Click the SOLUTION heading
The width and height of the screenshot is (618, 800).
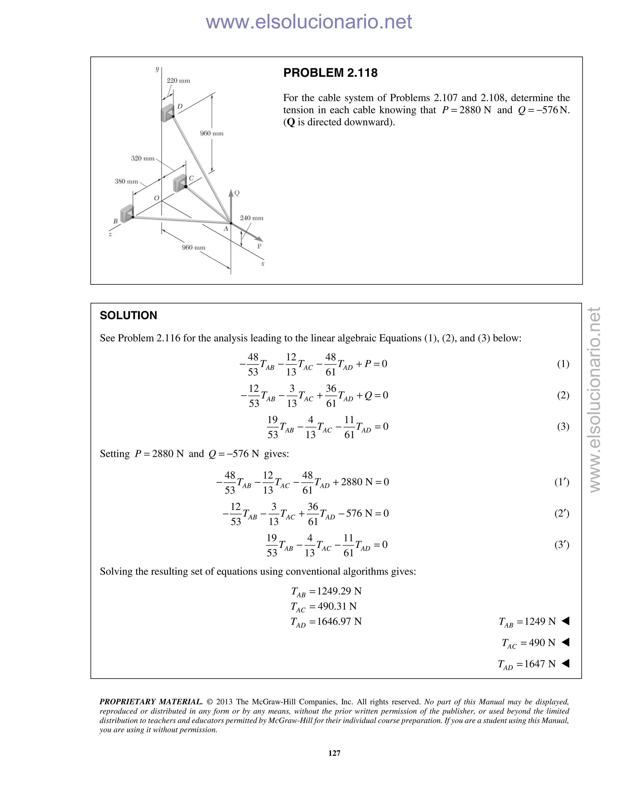tap(128, 315)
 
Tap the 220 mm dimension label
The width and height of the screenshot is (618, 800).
tap(178, 81)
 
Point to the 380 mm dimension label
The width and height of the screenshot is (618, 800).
tap(126, 181)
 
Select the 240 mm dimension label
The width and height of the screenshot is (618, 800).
tap(252, 218)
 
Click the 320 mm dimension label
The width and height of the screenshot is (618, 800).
tap(143, 158)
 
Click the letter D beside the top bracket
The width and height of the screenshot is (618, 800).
tap(180, 107)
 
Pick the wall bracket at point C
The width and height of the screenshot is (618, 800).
tap(180, 183)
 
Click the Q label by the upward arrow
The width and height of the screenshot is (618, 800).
tap(237, 193)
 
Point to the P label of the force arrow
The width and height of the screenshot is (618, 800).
tap(259, 246)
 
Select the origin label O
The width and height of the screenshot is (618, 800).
tap(156, 198)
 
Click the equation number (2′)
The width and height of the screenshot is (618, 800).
tap(562, 513)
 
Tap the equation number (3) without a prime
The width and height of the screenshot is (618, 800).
tap(563, 426)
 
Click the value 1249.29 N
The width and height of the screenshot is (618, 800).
tap(339, 591)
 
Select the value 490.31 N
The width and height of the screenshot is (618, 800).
tap(337, 606)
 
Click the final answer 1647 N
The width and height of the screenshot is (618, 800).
tap(540, 664)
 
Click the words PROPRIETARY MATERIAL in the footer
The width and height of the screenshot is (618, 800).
tap(151, 702)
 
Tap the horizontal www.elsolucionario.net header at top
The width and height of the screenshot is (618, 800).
tap(309, 22)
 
